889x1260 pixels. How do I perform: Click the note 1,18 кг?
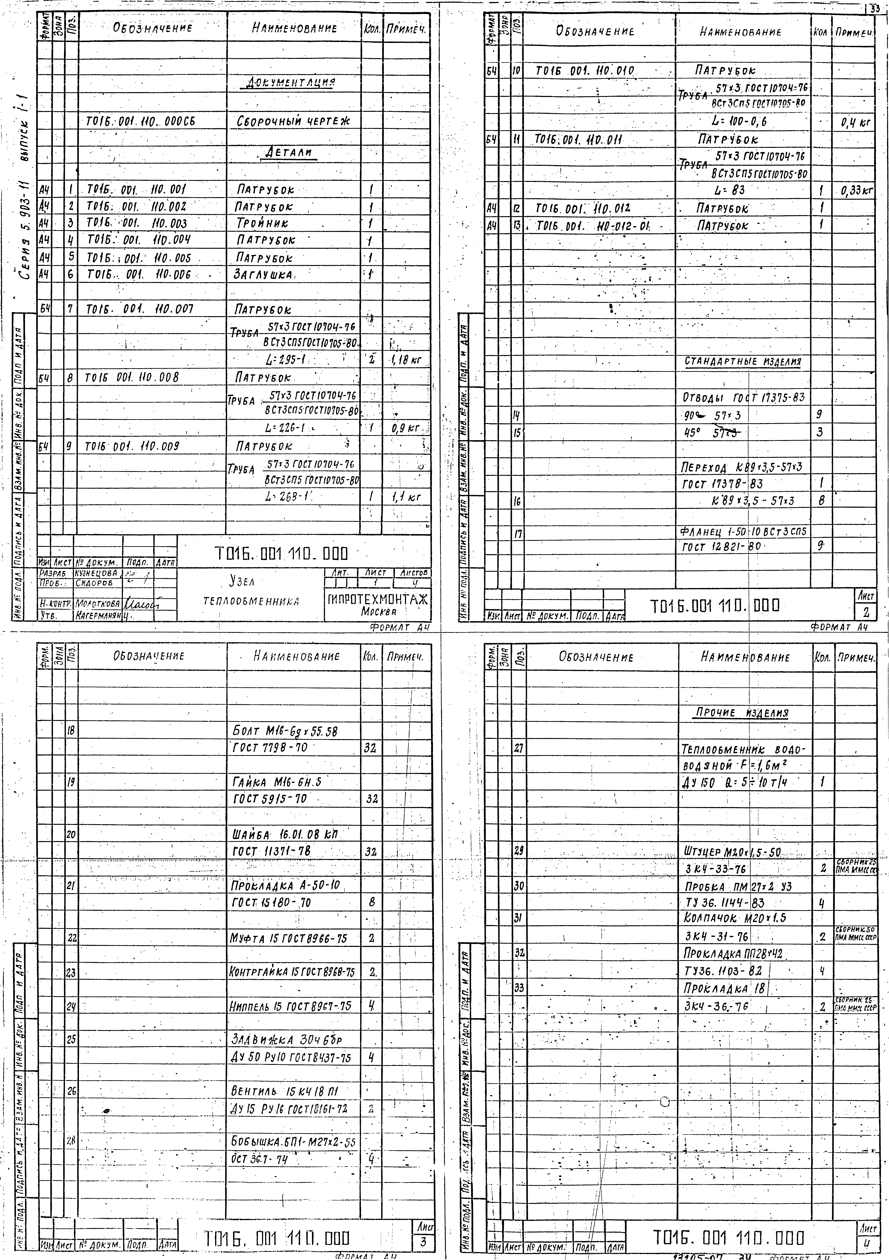point(405,361)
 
